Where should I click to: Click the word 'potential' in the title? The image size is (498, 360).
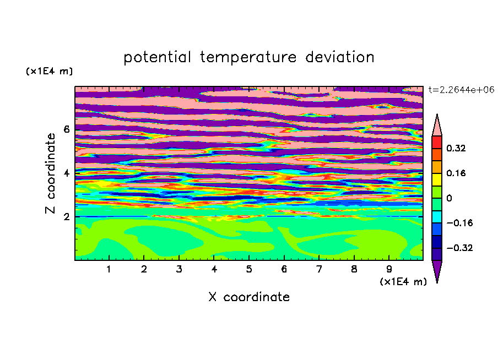(x=157, y=58)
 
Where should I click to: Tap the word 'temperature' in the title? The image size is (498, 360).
(x=248, y=58)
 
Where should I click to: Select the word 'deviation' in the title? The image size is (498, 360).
(x=340, y=57)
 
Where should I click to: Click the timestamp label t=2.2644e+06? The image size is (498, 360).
(x=461, y=90)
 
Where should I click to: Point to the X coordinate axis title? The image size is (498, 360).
(x=249, y=297)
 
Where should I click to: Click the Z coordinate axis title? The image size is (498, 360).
(x=50, y=173)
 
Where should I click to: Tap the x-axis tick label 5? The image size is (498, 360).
(x=249, y=269)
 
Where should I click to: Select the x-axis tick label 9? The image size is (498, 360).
(x=389, y=269)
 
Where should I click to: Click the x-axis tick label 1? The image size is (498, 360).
(x=109, y=269)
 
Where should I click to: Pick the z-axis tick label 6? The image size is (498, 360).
(x=66, y=129)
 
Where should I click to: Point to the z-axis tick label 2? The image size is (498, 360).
(x=66, y=217)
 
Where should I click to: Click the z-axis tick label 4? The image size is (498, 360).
(x=66, y=173)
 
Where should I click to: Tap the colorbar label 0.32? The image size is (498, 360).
(x=456, y=148)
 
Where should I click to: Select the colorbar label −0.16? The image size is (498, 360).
(x=459, y=223)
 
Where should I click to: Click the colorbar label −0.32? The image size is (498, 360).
(x=459, y=248)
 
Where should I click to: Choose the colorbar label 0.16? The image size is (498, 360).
(x=456, y=173)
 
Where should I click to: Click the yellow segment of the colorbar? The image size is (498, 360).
(x=437, y=179)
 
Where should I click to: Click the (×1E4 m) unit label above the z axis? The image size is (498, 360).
(x=49, y=71)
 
